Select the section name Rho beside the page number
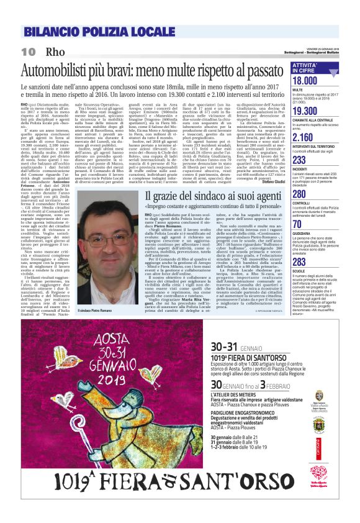tap(55, 50)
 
